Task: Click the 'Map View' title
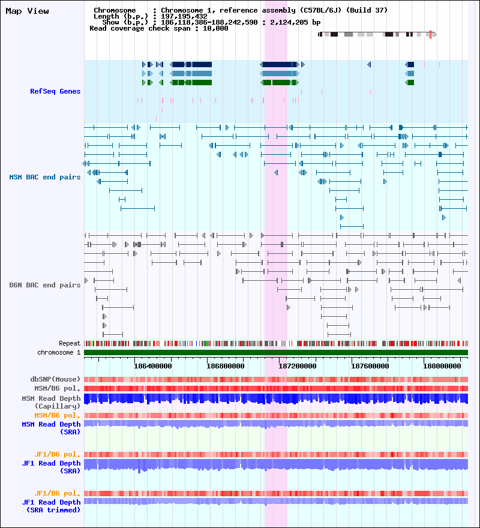click(x=27, y=11)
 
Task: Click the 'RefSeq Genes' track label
click(x=55, y=91)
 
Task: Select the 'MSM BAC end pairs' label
click(x=45, y=177)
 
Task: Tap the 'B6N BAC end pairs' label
click(x=45, y=285)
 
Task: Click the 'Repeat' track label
click(x=70, y=343)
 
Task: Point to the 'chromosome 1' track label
click(x=59, y=352)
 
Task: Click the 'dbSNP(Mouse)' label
click(x=55, y=379)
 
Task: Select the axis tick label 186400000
click(x=153, y=366)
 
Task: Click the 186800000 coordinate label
click(x=226, y=366)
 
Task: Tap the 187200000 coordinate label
click(x=298, y=366)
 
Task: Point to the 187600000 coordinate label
click(x=370, y=366)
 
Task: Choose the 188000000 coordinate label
click(x=442, y=366)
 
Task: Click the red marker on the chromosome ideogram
click(x=430, y=34)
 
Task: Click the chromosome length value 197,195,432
click(x=184, y=17)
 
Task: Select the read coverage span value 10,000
click(x=215, y=29)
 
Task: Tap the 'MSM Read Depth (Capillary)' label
click(x=51, y=402)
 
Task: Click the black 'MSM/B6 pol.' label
click(x=57, y=388)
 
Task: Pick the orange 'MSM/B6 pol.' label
click(x=57, y=415)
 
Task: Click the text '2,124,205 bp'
click(x=295, y=23)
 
